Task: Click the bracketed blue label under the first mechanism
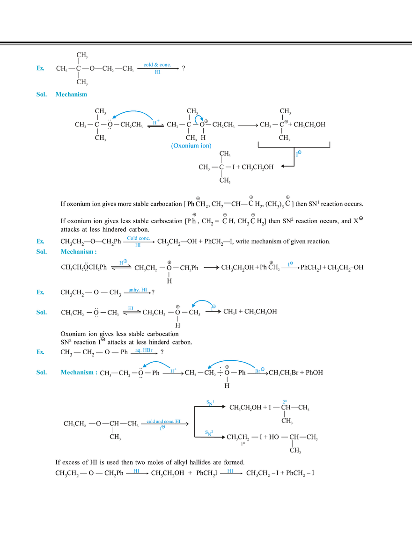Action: tap(188, 147)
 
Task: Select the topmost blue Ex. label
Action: tap(41, 70)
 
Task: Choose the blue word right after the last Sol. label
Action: tap(78, 373)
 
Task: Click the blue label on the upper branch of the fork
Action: tap(210, 401)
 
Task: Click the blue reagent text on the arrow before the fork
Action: tap(163, 422)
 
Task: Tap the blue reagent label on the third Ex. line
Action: tap(138, 290)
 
